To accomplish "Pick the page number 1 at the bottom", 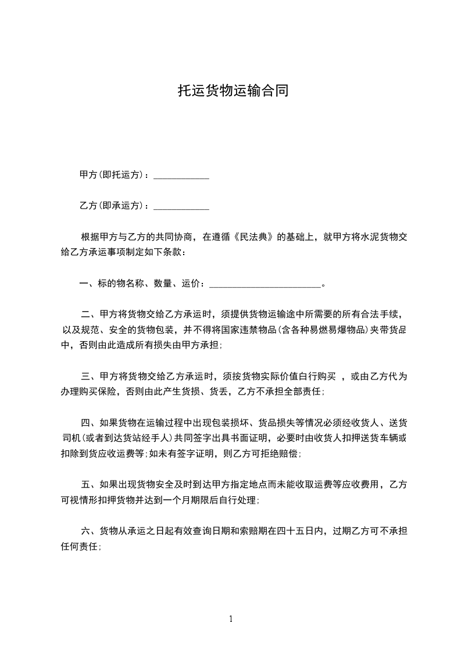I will (x=231, y=619).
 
